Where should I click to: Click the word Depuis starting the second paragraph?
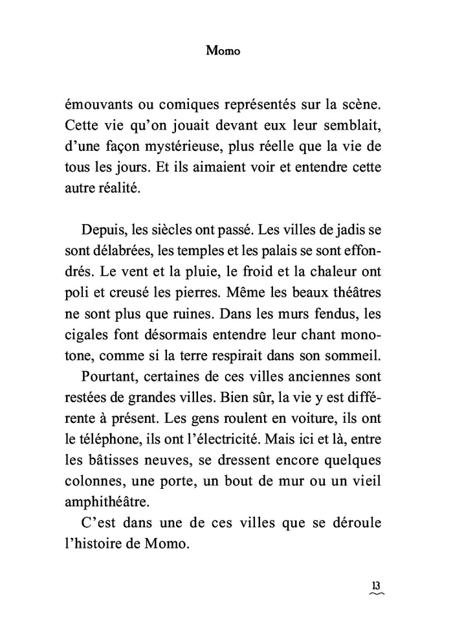point(104,231)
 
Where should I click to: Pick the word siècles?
point(169,231)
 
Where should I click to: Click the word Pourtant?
point(109,376)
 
